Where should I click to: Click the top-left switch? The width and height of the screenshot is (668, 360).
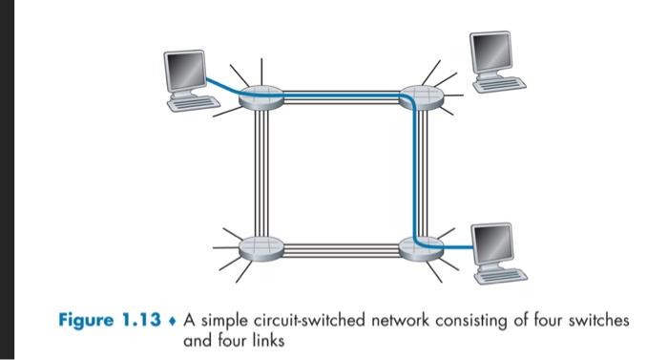pyautogui.click(x=257, y=97)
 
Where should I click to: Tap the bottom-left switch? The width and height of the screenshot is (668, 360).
pyautogui.click(x=257, y=245)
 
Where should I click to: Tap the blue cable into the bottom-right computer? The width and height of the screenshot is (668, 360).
pyautogui.click(x=456, y=249)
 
